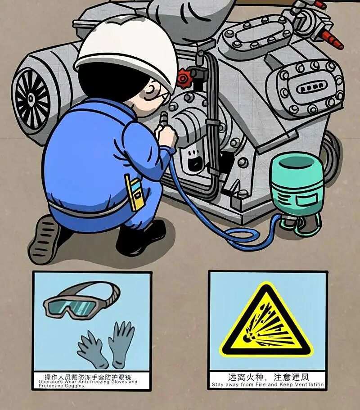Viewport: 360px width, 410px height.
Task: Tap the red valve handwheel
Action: tap(184, 78)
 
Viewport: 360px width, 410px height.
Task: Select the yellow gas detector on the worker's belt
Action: tap(134, 192)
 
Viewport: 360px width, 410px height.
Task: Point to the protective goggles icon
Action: tap(81, 300)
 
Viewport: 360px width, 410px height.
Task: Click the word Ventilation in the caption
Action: tap(309, 385)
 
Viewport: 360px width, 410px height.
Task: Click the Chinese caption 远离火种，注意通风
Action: tap(268, 377)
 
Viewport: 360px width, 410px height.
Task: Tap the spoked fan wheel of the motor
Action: tap(31, 99)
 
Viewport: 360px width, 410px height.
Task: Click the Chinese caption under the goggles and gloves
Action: tap(88, 377)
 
